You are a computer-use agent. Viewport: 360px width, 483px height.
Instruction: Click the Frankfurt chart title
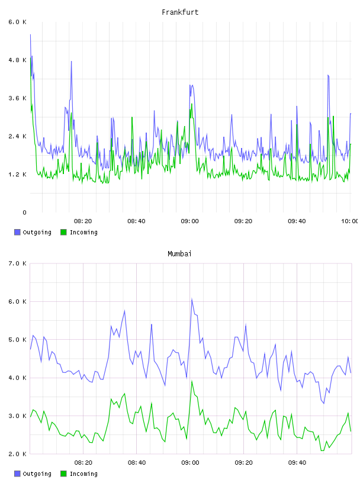tap(180, 12)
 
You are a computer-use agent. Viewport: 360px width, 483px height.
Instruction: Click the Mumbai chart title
tap(179, 254)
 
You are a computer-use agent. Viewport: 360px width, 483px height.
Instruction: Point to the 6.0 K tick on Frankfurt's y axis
tap(17, 22)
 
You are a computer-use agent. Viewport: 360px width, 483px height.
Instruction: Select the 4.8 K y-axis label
tap(17, 60)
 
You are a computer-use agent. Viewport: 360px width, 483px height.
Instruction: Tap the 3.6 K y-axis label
tap(17, 98)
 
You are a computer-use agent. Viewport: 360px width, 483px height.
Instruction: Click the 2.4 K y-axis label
tap(17, 137)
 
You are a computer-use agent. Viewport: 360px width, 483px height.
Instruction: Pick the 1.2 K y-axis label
tap(17, 175)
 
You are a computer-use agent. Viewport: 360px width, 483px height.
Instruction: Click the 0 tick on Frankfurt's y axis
tap(24, 212)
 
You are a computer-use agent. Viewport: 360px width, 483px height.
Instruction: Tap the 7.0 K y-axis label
tap(17, 263)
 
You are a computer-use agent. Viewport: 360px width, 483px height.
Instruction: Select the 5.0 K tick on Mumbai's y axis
tap(17, 340)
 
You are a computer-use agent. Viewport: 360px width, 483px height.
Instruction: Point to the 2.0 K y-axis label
tap(17, 454)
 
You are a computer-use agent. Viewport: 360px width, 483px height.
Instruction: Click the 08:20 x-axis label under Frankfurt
tap(83, 221)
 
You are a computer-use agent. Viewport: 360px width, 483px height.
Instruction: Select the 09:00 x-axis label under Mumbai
tap(190, 463)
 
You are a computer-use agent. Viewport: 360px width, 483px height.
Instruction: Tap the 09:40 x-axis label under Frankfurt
tap(297, 221)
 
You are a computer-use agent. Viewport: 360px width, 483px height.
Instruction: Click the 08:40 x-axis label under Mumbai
tap(137, 463)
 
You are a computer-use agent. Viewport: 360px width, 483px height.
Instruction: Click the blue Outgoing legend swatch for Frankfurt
tap(17, 232)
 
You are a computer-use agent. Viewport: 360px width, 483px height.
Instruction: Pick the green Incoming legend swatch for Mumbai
tap(63, 474)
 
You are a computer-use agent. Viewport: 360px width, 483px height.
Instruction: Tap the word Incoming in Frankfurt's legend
tap(83, 233)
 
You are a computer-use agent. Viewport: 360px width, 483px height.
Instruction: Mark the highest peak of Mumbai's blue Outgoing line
tap(192, 299)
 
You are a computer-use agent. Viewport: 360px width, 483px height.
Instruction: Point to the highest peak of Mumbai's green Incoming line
tap(192, 381)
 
